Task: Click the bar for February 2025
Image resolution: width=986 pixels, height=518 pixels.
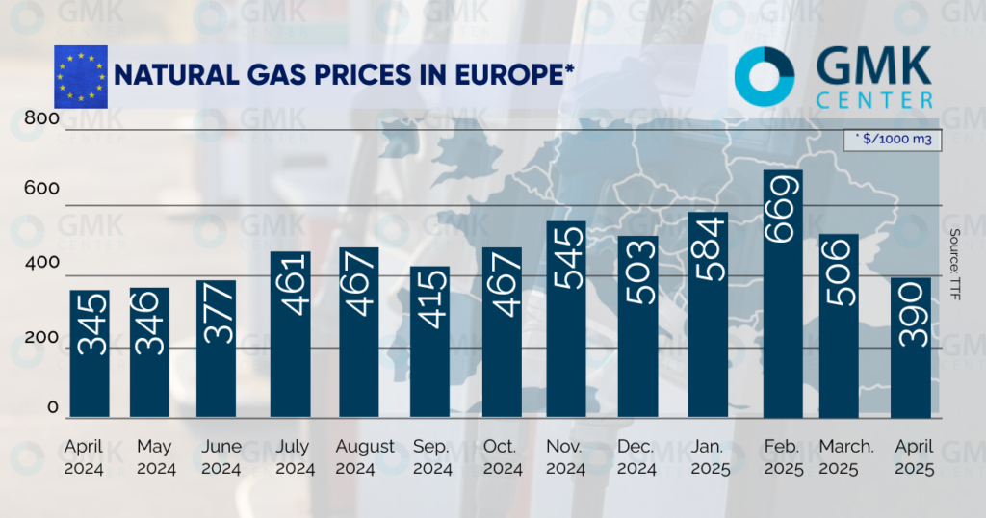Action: (782, 294)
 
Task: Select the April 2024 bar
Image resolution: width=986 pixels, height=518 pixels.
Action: (89, 353)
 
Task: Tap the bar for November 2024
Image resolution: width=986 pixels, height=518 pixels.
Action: (565, 320)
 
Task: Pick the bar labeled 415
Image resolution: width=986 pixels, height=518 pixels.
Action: (429, 342)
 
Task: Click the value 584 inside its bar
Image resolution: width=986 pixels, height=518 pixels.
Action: (707, 254)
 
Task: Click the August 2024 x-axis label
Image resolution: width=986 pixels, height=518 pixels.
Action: (365, 457)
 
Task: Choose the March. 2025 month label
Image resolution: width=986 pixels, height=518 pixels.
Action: (846, 457)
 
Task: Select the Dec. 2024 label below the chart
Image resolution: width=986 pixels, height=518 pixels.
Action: (637, 457)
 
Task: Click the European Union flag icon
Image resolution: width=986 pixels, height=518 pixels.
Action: (80, 73)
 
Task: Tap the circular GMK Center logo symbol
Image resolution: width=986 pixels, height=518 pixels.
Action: (764, 76)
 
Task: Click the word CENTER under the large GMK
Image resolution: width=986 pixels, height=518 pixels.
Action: (873, 99)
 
